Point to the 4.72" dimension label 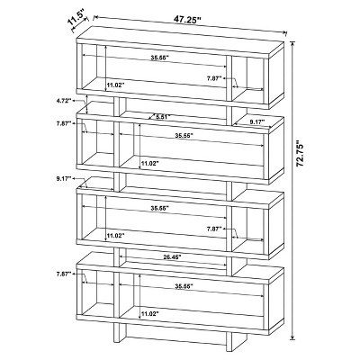point(63,102)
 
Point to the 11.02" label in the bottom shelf point(149,314)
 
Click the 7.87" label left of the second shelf point(63,124)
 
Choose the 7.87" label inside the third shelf point(213,229)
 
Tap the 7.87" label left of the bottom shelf point(63,274)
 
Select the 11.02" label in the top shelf point(115,85)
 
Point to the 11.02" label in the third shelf point(115,236)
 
